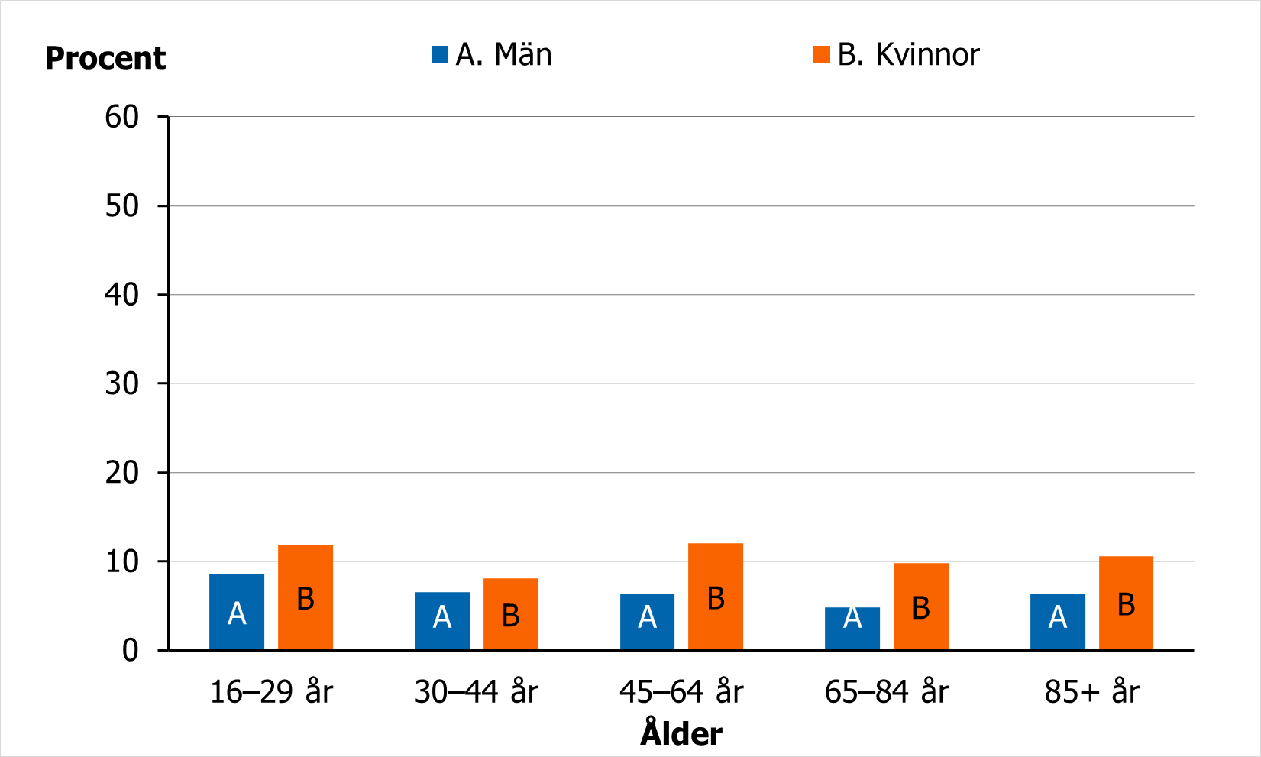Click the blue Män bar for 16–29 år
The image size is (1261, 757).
click(x=237, y=611)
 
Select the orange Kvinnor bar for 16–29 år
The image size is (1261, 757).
click(x=306, y=597)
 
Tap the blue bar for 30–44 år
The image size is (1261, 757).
click(x=442, y=620)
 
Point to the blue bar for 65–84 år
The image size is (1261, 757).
click(x=852, y=628)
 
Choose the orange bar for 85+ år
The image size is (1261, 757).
click(x=1126, y=603)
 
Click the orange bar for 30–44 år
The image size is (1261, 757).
click(x=510, y=614)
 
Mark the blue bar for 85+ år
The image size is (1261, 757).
click(x=1058, y=621)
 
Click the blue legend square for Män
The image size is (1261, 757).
click(x=440, y=54)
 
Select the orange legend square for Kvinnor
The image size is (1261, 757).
click(x=821, y=54)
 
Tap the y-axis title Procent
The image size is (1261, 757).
click(x=105, y=58)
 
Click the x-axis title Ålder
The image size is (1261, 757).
click(x=681, y=733)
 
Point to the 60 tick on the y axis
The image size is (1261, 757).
click(x=122, y=117)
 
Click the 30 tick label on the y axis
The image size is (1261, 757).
click(x=122, y=383)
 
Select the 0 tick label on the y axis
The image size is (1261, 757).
click(x=131, y=650)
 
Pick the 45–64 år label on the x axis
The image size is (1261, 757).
click(x=681, y=692)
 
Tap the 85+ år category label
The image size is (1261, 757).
click(x=1091, y=692)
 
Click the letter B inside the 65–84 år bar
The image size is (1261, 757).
click(x=921, y=608)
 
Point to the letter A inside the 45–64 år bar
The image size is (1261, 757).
click(x=648, y=616)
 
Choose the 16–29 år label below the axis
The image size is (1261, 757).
click(x=271, y=692)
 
